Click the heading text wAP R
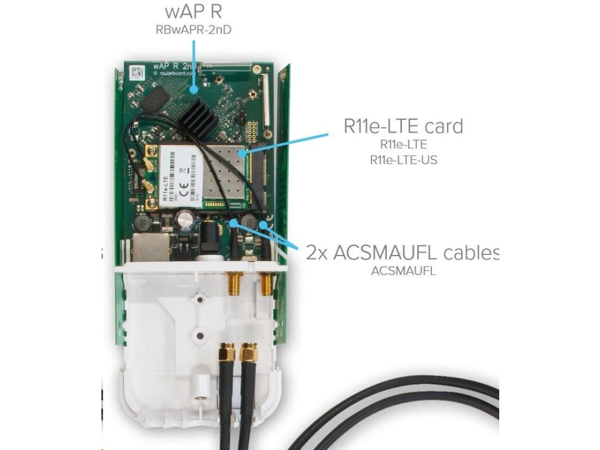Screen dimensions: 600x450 coord(193,11)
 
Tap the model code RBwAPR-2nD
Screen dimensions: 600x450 coord(193,28)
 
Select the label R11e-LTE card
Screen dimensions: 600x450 coord(403,126)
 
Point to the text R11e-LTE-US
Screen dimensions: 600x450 coord(403,159)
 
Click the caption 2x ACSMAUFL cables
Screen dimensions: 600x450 coord(402,253)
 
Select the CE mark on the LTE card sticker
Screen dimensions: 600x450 coord(183,189)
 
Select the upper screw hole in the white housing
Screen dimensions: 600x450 coord(200,300)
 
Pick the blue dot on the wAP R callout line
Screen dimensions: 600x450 coord(195,90)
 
